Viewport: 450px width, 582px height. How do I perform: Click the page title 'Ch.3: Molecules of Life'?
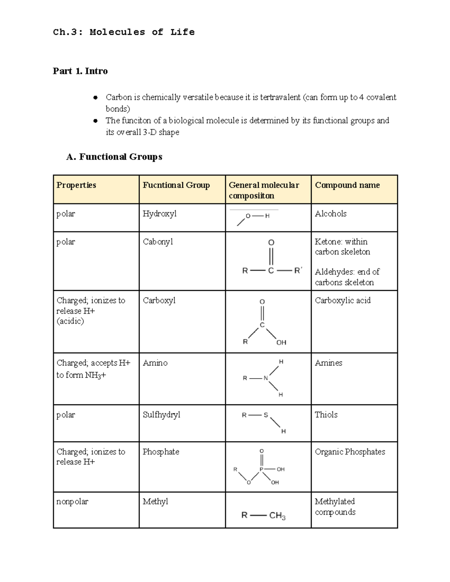click(x=124, y=32)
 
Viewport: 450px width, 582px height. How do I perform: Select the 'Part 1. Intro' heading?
click(x=80, y=71)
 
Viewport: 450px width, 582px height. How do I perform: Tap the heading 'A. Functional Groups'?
click(x=114, y=157)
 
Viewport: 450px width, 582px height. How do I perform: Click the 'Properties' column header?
click(x=76, y=185)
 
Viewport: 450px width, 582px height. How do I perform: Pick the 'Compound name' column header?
click(x=347, y=185)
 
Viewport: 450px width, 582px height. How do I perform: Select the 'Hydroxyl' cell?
click(x=159, y=214)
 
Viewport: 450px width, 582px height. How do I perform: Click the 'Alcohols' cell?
click(x=330, y=214)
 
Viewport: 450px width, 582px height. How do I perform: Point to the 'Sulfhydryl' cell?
click(x=161, y=414)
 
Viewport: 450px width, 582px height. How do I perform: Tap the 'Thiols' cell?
click(x=326, y=414)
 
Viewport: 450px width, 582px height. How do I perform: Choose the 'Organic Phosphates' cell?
click(x=350, y=452)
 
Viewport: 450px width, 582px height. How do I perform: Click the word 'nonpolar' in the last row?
click(x=72, y=501)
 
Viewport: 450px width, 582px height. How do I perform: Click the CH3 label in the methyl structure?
click(x=277, y=516)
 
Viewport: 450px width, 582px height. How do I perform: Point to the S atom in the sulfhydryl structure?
click(x=266, y=415)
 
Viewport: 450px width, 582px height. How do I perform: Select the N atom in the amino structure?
click(x=265, y=378)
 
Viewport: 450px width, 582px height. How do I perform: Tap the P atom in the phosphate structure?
click(x=262, y=469)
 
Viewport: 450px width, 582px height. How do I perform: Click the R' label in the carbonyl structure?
click(x=298, y=270)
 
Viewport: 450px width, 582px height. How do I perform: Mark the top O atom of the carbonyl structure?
click(x=271, y=243)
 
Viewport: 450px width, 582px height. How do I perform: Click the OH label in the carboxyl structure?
click(x=281, y=342)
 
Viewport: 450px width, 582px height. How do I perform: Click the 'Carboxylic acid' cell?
click(x=342, y=301)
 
